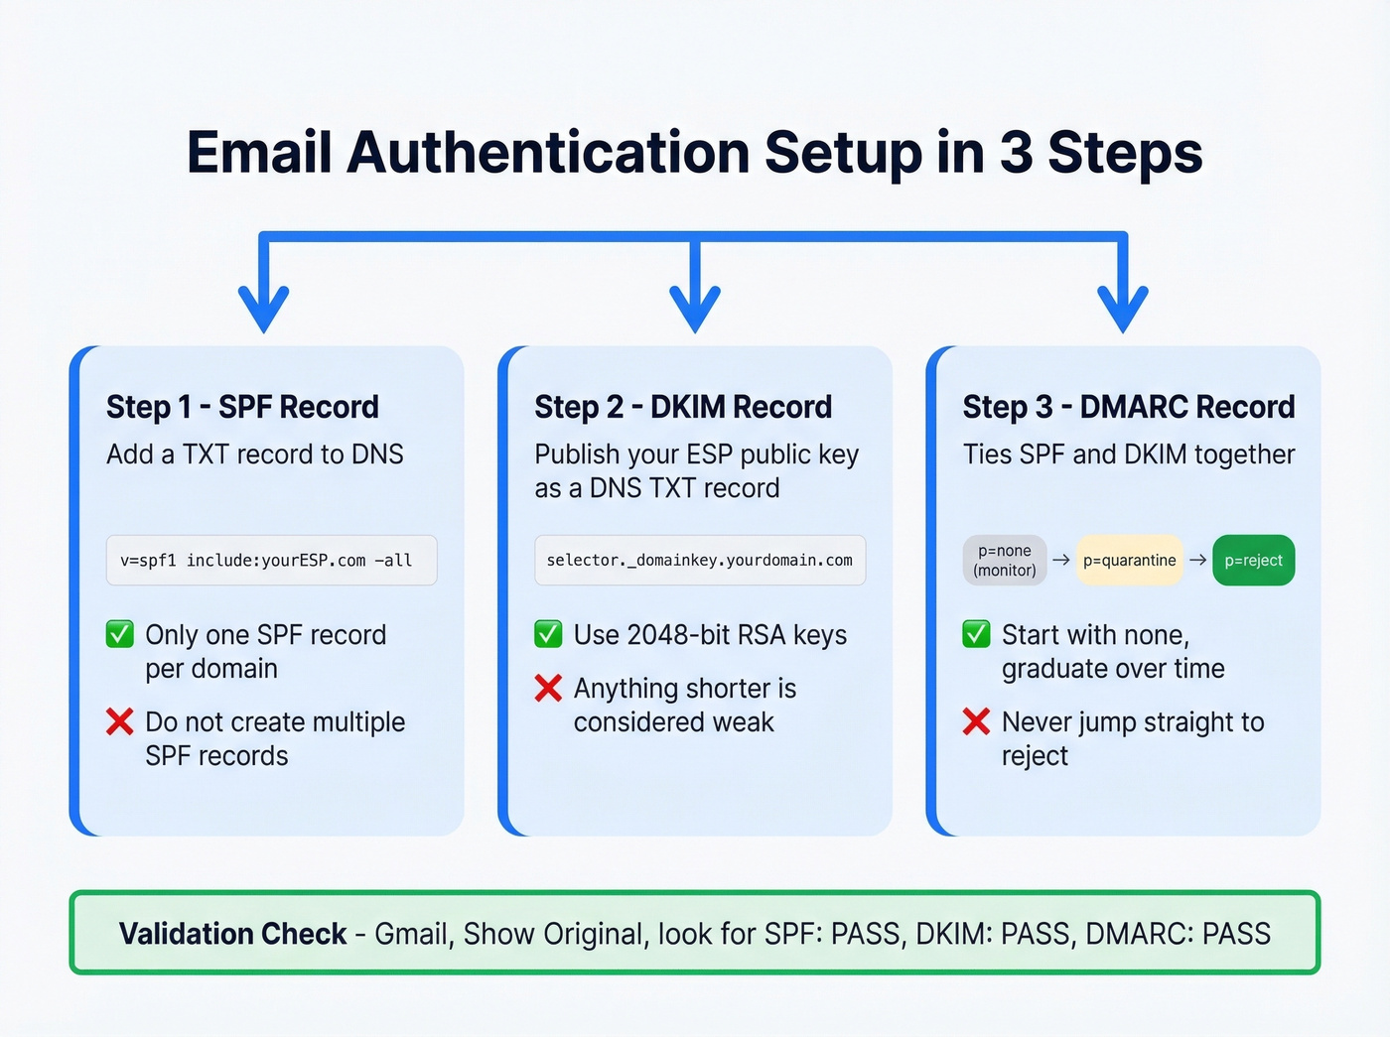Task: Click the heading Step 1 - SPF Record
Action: pyautogui.click(x=242, y=407)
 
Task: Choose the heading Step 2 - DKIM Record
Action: pyautogui.click(x=683, y=407)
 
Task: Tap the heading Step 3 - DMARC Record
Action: pyautogui.click(x=1128, y=407)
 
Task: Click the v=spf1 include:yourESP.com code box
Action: pyautogui.click(x=271, y=561)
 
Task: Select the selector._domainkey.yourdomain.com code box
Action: pyautogui.click(x=700, y=561)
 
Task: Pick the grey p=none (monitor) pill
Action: pyautogui.click(x=1005, y=561)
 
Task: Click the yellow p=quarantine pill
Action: pyautogui.click(x=1129, y=561)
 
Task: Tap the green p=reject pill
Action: pyautogui.click(x=1253, y=561)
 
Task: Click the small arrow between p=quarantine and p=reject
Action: pyautogui.click(x=1197, y=561)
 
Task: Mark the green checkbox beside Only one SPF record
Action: pyautogui.click(x=120, y=634)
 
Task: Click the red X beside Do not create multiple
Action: pyautogui.click(x=120, y=721)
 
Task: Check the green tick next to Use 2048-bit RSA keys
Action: pyautogui.click(x=548, y=634)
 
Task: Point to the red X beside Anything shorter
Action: pyautogui.click(x=548, y=688)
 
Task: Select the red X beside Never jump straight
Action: pyautogui.click(x=976, y=721)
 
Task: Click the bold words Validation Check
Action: pyautogui.click(x=232, y=934)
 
